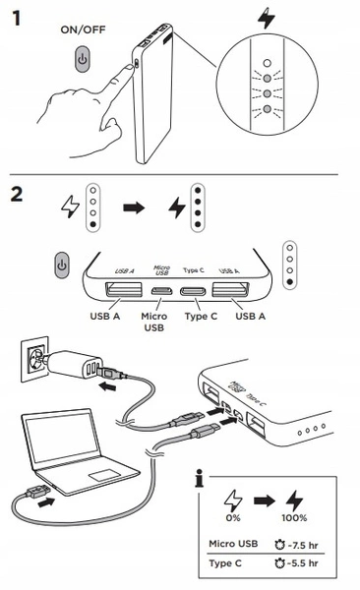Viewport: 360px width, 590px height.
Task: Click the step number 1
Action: [x=16, y=18]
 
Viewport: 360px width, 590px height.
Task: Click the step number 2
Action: [x=17, y=195]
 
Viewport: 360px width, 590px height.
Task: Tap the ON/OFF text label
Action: [x=83, y=29]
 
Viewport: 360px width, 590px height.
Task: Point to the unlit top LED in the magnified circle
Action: [x=267, y=63]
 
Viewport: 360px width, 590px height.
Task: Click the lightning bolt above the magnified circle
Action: [x=267, y=18]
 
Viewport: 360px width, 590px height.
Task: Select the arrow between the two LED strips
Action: [x=134, y=207]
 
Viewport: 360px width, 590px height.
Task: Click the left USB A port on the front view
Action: [x=124, y=289]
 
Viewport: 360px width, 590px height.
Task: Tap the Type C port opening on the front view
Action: [x=193, y=291]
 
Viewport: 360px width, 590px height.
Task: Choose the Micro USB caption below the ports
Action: [x=154, y=322]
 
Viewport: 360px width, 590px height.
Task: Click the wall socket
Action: [x=34, y=359]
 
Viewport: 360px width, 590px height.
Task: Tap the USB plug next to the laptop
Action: [x=38, y=492]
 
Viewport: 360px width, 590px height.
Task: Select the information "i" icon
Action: [x=200, y=478]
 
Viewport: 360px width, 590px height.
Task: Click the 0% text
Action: [x=233, y=518]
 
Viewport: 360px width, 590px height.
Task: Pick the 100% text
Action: [x=294, y=518]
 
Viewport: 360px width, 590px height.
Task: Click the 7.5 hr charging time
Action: [x=303, y=545]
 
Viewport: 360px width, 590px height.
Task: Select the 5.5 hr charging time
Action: [x=303, y=562]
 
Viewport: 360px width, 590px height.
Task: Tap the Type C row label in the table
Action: [x=225, y=563]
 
